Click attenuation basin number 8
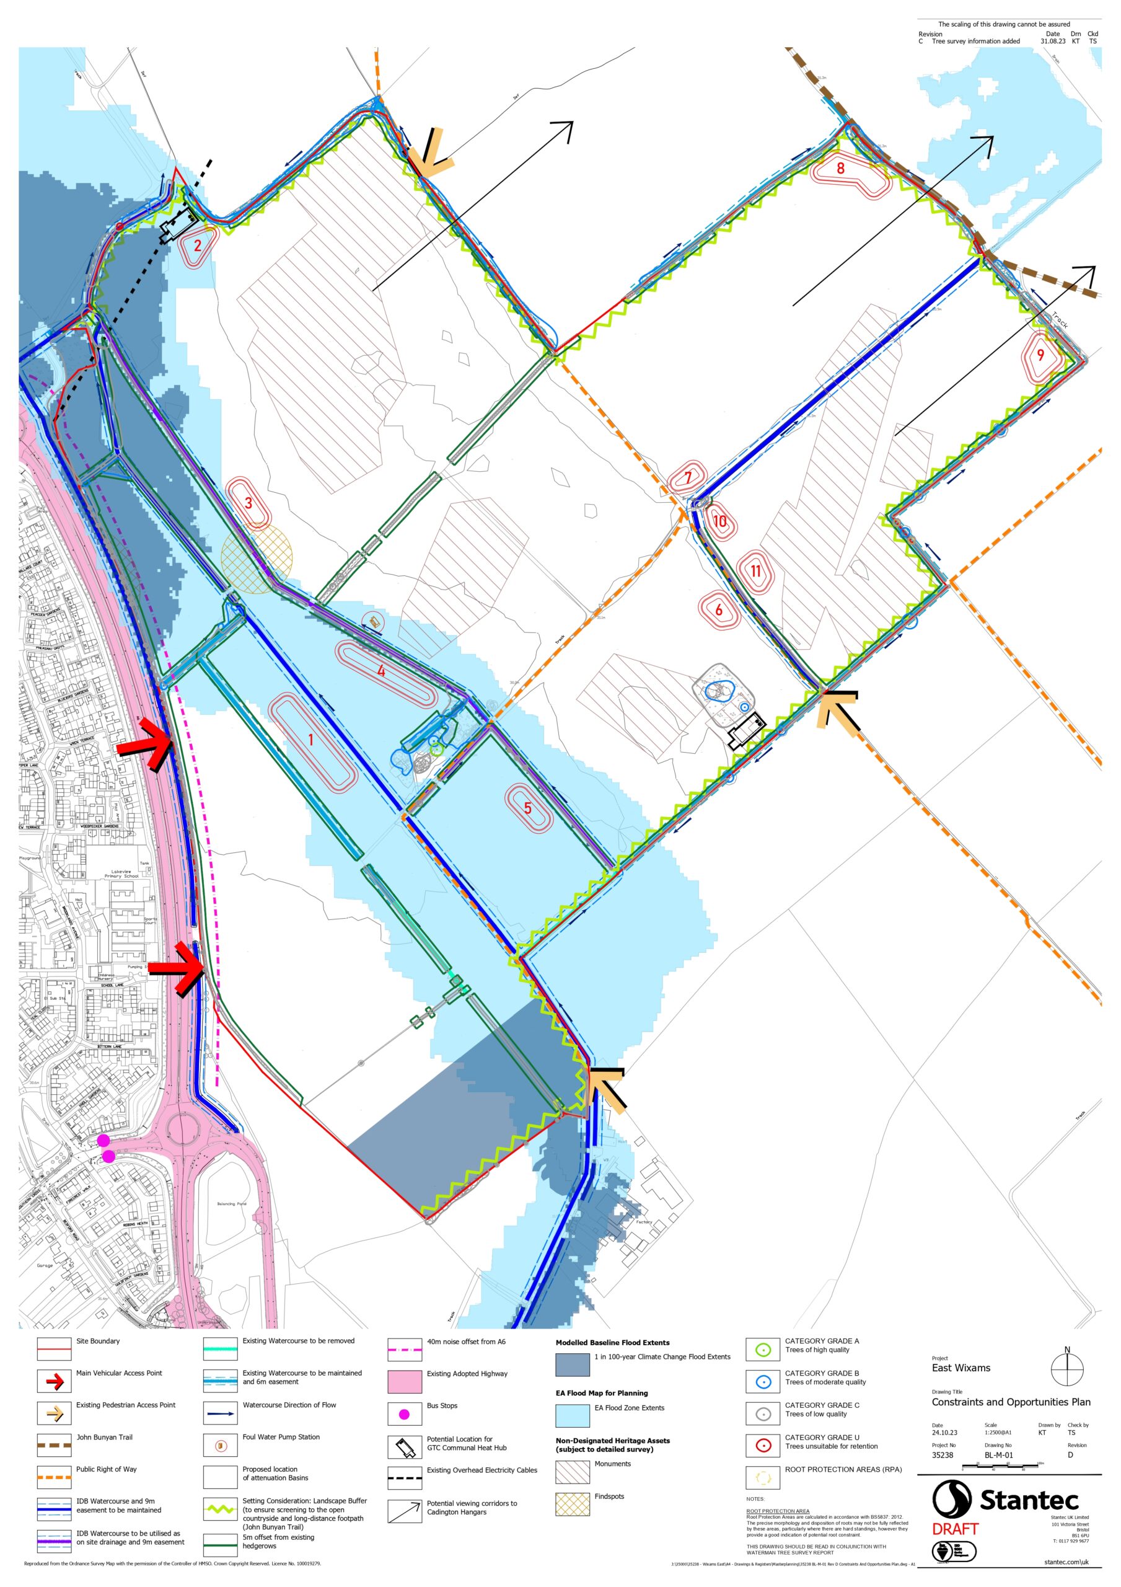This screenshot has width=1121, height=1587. pos(840,168)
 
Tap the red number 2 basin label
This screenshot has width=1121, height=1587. pos(198,245)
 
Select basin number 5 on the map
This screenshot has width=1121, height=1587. pos(528,808)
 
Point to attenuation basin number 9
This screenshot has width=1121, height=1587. pos(1040,355)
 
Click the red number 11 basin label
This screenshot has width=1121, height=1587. pos(755,571)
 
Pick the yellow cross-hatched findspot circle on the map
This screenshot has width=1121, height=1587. pos(257,559)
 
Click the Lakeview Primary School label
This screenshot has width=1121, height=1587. pos(121,873)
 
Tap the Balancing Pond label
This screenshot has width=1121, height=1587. pos(232,1203)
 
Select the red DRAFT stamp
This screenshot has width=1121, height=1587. pos(955,1529)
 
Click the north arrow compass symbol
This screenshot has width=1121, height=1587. pos(1067,1368)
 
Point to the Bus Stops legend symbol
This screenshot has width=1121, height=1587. pos(404,1415)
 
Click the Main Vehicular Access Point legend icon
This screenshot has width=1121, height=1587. pos(54,1381)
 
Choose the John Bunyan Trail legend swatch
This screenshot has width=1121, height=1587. pos(54,1445)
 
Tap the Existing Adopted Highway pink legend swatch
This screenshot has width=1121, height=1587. pos(404,1382)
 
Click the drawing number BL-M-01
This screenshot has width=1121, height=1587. pos(999,1455)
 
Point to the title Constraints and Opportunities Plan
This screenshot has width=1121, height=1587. pos(1011,1402)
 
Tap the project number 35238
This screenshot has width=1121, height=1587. pos(943,1455)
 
